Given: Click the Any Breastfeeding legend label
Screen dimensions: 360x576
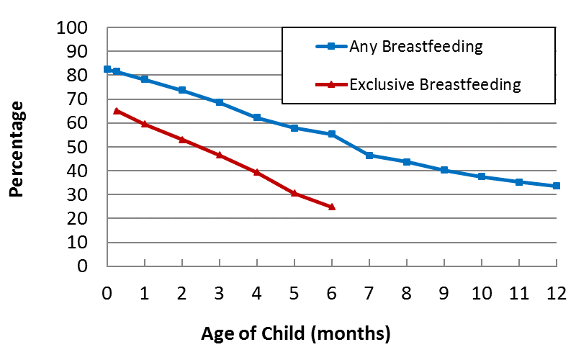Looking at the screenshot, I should coord(415,47).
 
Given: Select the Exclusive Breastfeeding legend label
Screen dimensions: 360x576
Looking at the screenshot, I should coord(434,84).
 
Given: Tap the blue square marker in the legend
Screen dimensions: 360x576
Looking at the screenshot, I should coord(331,47).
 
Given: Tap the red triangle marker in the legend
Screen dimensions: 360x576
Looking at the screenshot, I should coord(331,84).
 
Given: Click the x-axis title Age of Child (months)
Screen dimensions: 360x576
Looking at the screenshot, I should coord(296,333).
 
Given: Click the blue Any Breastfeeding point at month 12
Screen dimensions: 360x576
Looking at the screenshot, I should coord(556,186).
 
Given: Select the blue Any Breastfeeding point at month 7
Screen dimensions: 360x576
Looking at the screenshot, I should coord(369,156).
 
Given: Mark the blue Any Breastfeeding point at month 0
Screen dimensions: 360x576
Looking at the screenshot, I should coord(107,69).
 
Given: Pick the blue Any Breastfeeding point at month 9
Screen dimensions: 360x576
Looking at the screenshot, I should coord(444,170).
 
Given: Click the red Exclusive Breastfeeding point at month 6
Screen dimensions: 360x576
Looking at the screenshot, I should coord(332,207).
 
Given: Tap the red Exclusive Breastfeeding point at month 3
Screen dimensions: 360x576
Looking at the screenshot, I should coord(220,155).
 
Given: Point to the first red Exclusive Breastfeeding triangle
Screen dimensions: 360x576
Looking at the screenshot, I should coord(117,111).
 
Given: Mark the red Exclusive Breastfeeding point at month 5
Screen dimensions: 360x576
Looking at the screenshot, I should coord(294,193).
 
